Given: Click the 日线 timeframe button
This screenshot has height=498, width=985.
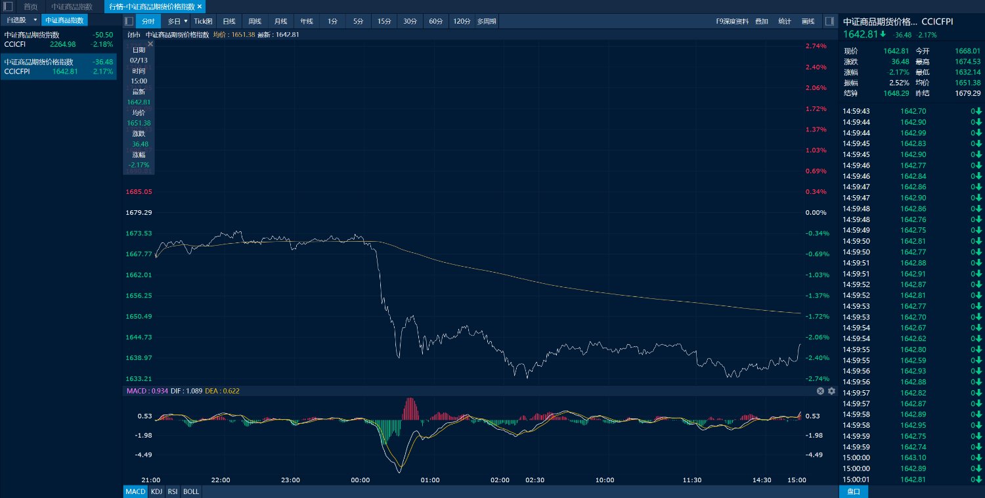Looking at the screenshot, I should click(229, 21).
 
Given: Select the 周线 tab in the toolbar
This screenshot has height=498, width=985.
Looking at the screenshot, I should click(255, 21).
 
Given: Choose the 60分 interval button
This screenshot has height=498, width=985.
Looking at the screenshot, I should click(435, 21).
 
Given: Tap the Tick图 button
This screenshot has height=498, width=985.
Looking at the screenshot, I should click(203, 21).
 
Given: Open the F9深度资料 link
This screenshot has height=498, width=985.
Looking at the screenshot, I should click(732, 21).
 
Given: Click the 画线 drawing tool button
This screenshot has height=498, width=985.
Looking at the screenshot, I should click(808, 21).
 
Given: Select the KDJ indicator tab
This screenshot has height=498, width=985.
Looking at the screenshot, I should click(156, 491).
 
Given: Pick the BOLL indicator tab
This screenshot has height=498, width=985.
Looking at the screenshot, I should click(191, 491).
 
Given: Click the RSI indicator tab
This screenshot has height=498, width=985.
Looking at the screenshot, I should click(173, 491).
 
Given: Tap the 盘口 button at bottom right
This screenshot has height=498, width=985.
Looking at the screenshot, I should click(854, 491).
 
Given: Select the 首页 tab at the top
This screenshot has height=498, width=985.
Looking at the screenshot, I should click(30, 7).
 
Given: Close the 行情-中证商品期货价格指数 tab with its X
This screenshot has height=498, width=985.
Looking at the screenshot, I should click(200, 7).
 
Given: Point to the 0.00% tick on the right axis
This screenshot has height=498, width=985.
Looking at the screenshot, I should click(816, 213).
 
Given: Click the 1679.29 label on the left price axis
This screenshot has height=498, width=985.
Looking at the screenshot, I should click(139, 213).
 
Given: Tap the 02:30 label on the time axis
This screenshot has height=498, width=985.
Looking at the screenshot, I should click(535, 480).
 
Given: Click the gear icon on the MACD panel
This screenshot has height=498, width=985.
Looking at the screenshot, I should click(831, 391).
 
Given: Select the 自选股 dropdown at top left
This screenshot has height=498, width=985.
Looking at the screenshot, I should click(21, 20).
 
